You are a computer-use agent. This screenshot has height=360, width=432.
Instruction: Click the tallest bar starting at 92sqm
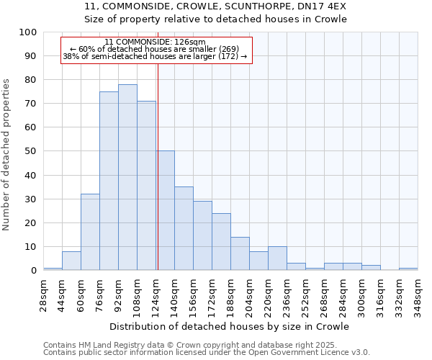[127, 177]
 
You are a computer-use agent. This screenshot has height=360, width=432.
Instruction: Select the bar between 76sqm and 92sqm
[109, 181]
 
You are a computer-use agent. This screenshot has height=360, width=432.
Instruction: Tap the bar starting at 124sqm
[166, 210]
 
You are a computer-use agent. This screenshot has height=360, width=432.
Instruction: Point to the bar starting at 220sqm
[277, 258]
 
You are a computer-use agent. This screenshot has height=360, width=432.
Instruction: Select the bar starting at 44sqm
[71, 261]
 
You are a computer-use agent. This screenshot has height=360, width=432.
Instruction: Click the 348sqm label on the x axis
[418, 294]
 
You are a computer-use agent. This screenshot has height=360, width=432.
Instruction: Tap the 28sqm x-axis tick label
[43, 294]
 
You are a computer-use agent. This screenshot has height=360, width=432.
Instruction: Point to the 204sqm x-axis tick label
[249, 294]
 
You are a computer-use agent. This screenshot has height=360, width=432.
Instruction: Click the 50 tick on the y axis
[31, 151]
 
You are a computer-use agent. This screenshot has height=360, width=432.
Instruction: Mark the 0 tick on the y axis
[34, 271]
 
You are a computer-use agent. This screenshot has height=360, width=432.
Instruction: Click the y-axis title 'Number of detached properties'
[6, 154]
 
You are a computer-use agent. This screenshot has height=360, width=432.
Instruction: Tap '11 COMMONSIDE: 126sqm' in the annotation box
[155, 42]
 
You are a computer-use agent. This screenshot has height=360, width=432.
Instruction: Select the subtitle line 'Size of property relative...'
[215, 19]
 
